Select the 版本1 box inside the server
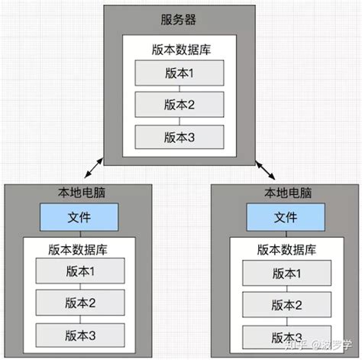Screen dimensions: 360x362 [179, 73]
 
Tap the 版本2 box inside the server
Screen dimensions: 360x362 [179, 105]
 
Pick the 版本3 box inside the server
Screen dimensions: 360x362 [179, 138]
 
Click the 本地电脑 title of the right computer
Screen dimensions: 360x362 [285, 194]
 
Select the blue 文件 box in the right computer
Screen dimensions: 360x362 [285, 218]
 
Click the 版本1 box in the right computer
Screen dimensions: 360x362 [285, 272]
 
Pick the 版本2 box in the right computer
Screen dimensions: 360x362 [285, 303]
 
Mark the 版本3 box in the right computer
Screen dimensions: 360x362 [285, 335]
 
